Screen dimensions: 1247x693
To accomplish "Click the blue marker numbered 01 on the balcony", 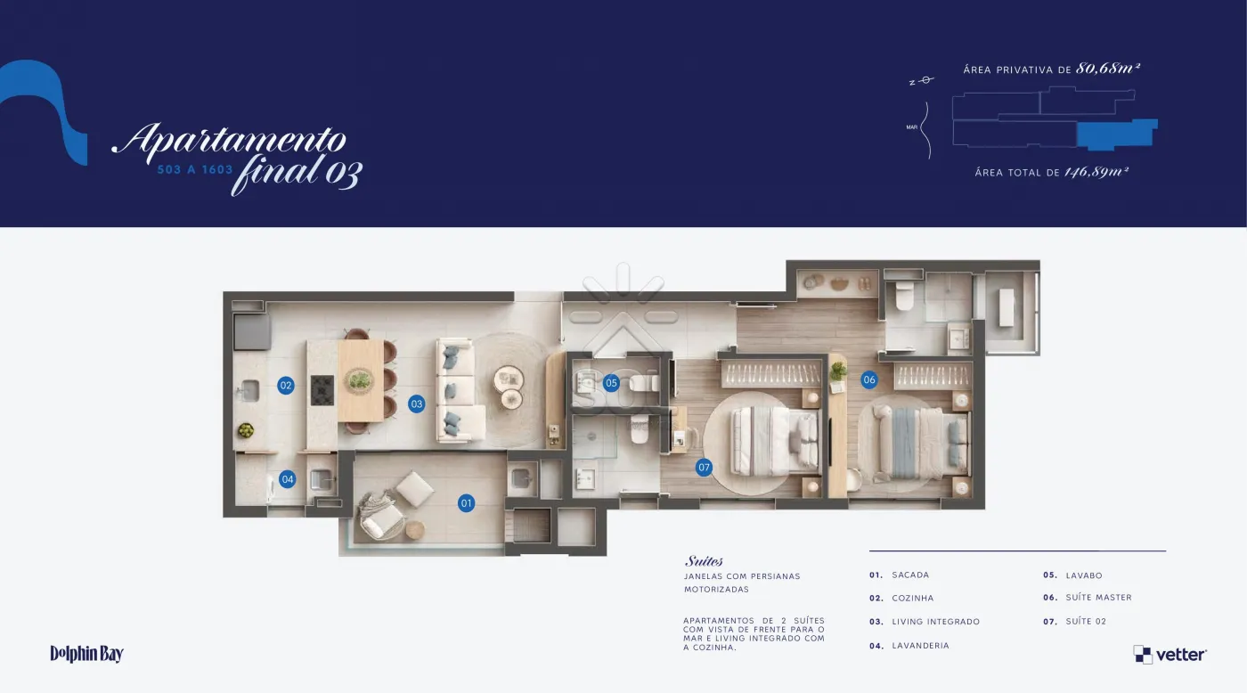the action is coord(466,503).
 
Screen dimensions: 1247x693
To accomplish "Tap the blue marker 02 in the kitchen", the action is coord(286,385).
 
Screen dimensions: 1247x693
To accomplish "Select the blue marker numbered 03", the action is coord(417,404).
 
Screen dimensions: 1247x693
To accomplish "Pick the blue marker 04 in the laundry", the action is coord(287,479).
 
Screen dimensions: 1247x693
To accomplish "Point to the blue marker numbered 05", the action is coord(611,383).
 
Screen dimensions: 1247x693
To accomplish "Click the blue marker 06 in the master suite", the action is coord(869,379).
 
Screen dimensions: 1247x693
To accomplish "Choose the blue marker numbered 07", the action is coord(704,467).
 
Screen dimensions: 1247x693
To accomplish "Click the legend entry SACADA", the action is coord(910,575).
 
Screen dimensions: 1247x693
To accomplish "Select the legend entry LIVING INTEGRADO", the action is coord(935,622).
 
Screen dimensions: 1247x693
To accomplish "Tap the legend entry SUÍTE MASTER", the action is coord(1098,598).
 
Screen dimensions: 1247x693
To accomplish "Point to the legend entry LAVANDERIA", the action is coord(920,646).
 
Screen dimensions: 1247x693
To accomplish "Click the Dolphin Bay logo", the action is coord(87,654).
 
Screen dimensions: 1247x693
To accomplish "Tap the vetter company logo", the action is coord(1170,655).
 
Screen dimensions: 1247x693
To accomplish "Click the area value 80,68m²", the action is coord(1108,68).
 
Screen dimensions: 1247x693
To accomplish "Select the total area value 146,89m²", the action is coord(1096,172).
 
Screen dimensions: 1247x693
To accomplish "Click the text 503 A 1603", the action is coord(195,170).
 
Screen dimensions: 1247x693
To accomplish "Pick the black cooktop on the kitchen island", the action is coord(322,389).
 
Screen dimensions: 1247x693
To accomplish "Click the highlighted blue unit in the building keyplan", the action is coord(1116,135).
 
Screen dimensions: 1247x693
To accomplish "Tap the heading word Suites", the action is coord(704,561).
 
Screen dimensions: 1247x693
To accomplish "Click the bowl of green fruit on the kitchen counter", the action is coord(246,429).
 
